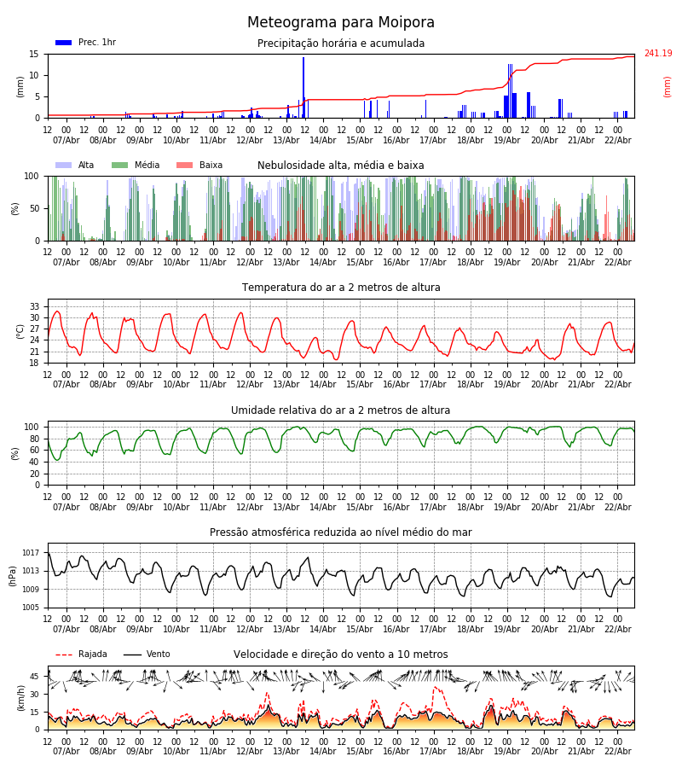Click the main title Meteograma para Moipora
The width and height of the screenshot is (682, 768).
(341, 23)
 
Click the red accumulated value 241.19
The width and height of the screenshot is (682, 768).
(657, 54)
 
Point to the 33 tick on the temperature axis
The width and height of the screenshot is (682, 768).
(35, 306)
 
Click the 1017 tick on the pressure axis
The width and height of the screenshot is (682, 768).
(32, 553)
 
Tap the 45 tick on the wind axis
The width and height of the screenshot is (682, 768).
(35, 677)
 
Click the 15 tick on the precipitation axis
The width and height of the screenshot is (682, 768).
(35, 54)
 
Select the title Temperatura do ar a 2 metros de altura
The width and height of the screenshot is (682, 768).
(341, 288)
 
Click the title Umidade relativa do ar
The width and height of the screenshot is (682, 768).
(341, 410)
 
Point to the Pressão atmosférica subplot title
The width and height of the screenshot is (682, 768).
(341, 532)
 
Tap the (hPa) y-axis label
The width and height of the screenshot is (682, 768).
(14, 575)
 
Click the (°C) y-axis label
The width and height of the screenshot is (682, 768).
(20, 330)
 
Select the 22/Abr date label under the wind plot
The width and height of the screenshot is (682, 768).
(617, 751)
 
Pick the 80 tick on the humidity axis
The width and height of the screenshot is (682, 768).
(35, 439)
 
